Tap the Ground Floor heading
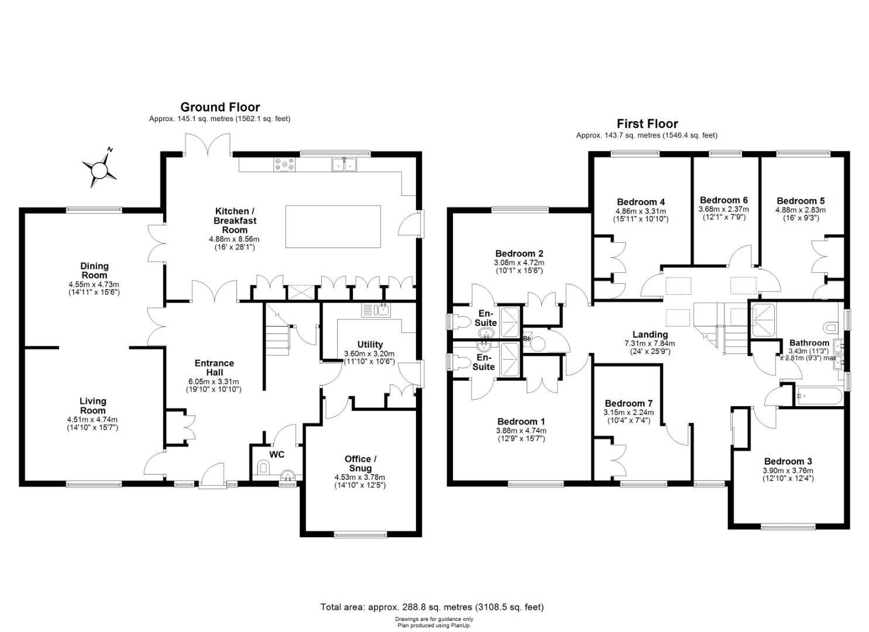point(219,107)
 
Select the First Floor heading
point(647,123)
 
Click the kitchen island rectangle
point(332,226)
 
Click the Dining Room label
point(94,270)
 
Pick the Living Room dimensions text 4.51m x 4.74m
point(92,420)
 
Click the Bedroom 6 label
point(723,200)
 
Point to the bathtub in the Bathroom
point(818,396)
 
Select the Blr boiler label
point(527,338)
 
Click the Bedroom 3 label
point(788,461)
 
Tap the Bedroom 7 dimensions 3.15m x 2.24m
point(628,413)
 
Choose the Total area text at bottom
point(432,607)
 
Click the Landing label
point(650,335)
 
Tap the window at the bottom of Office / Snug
point(361,534)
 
